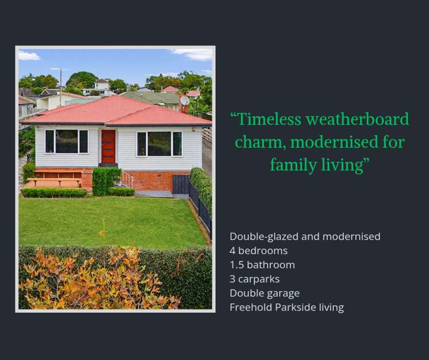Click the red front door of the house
108,146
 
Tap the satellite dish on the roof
184,100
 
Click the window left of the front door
66,141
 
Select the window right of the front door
159,144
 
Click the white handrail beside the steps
127,179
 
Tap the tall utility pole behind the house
61,86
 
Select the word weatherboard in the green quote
357,119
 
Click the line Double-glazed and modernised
305,236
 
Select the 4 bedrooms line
258,251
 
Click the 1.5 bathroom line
262,265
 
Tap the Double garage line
265,293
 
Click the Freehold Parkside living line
286,307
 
